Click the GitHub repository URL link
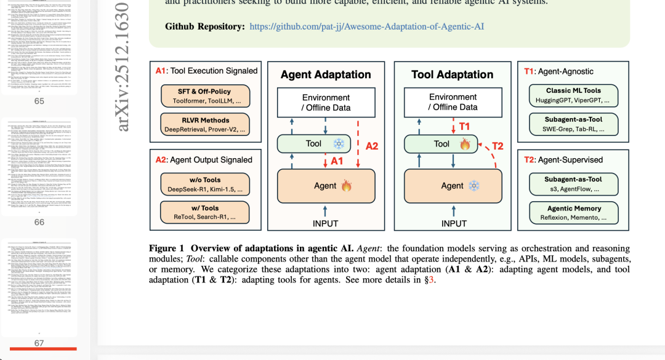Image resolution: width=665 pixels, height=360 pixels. click(x=366, y=26)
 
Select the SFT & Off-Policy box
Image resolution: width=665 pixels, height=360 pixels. click(x=205, y=95)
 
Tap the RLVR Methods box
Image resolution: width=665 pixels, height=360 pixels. click(x=205, y=124)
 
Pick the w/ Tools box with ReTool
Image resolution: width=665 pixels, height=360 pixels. click(x=205, y=212)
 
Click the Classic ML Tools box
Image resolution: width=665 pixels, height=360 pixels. click(x=573, y=95)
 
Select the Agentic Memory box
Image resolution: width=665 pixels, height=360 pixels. click(x=573, y=212)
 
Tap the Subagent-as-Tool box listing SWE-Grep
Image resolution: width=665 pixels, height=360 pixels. click(x=573, y=124)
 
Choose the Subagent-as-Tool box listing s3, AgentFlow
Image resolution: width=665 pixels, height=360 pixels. click(x=573, y=184)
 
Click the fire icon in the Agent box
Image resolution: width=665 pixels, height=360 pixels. click(x=346, y=185)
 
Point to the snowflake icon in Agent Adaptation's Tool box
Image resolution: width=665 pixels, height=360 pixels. click(x=338, y=143)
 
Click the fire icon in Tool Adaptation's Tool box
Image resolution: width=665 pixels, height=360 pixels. click(x=465, y=144)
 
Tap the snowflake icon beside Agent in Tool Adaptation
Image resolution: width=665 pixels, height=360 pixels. click(x=474, y=185)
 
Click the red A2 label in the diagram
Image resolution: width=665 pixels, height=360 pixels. click(x=372, y=146)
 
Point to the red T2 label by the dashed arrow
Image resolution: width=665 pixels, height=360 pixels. click(x=498, y=146)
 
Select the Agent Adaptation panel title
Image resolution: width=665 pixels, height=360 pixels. click(x=326, y=74)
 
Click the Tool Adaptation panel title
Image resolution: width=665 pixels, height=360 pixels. click(x=453, y=74)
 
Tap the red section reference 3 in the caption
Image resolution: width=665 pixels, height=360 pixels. click(x=432, y=280)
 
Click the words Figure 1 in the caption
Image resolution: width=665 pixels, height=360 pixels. click(x=166, y=248)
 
